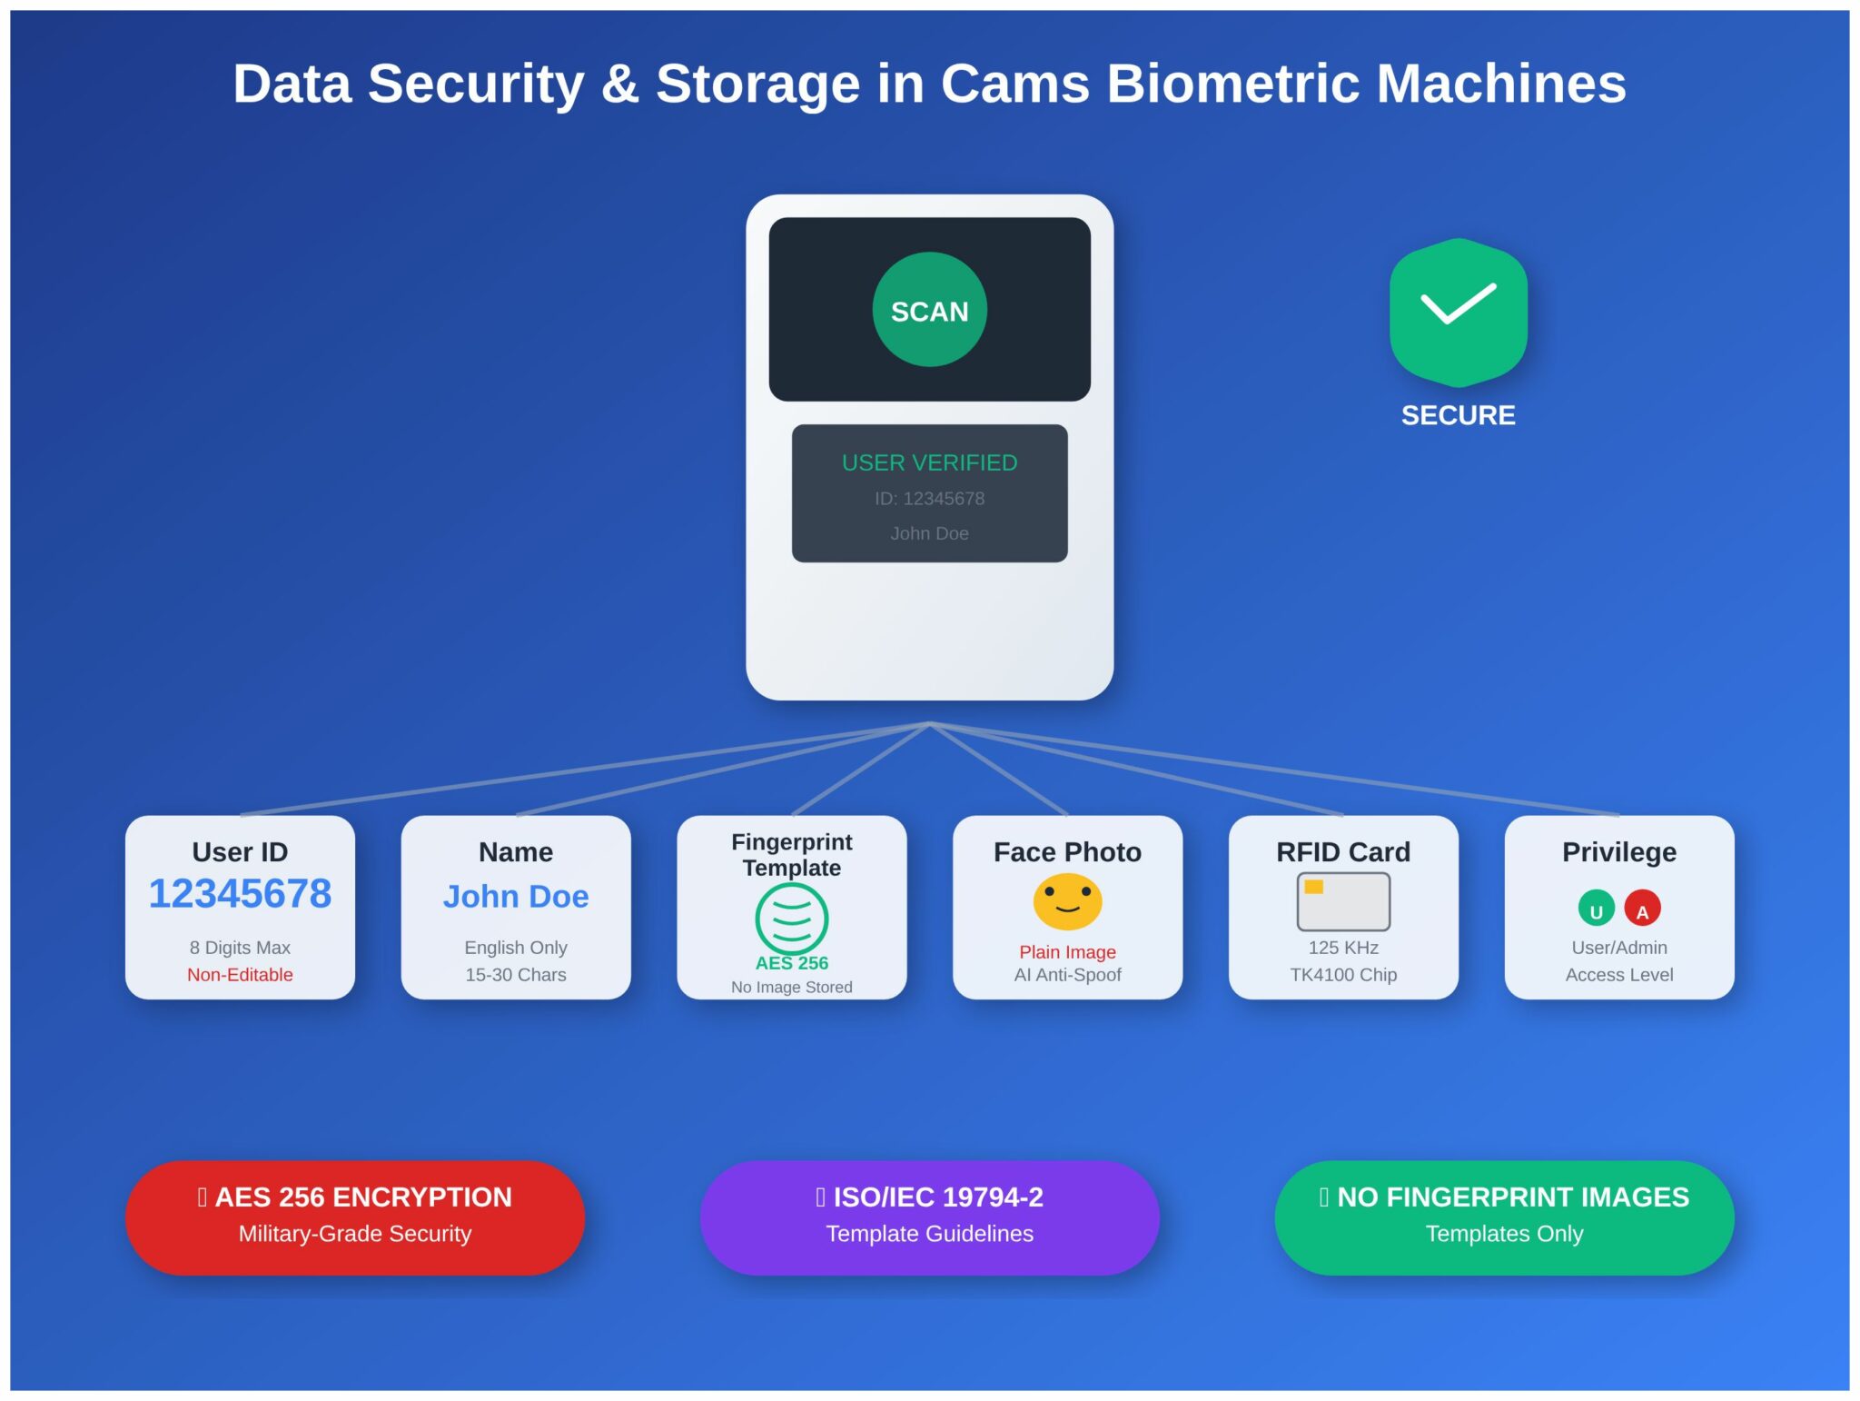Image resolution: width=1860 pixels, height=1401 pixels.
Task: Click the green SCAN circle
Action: pos(929,310)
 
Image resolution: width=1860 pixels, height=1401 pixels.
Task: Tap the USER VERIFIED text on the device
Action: pos(929,462)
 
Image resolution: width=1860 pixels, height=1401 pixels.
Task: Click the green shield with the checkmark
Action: pos(1458,312)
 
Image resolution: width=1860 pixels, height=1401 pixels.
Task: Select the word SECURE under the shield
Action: pos(1458,415)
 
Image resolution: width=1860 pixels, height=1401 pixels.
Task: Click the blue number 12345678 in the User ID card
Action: pos(240,894)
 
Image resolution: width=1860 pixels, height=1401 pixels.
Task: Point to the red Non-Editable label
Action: pos(240,975)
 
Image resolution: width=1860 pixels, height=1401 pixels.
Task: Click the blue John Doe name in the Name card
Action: pos(516,897)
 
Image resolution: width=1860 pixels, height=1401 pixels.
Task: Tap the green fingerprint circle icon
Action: pos(791,918)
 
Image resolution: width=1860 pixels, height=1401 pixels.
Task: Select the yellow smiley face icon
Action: pos(1067,901)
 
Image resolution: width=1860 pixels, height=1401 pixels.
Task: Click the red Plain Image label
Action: pos(1067,952)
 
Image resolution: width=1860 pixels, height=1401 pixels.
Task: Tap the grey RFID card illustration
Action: pos(1343,901)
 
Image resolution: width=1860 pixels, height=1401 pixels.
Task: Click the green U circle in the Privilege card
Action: pos(1596,908)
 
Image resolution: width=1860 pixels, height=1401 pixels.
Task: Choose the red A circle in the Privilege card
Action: pos(1642,908)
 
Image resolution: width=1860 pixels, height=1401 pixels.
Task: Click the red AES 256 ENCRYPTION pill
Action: pos(355,1217)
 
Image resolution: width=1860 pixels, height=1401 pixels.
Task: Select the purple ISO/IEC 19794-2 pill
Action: pos(929,1217)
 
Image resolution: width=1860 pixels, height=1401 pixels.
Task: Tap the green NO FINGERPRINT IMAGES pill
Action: pos(1504,1217)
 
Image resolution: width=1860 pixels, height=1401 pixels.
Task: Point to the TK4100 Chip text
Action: pos(1343,975)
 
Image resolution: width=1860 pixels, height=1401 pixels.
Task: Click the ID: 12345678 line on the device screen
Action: pos(929,499)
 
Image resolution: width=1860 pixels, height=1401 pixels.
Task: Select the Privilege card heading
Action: pos(1619,852)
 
